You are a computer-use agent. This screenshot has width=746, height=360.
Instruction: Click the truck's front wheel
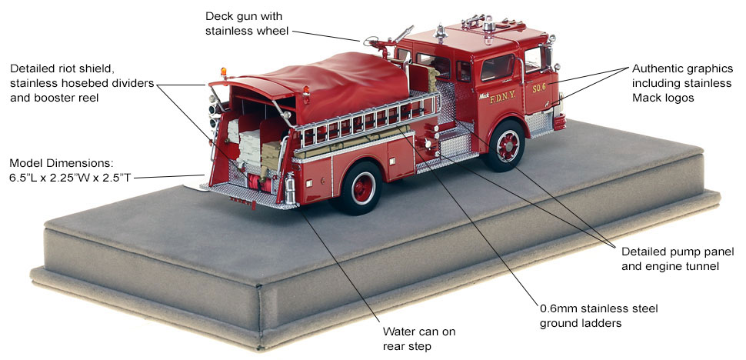[505, 145]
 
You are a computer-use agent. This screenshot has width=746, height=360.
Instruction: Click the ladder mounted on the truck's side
[366, 122]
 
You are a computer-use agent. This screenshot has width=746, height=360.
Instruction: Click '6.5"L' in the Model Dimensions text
[23, 178]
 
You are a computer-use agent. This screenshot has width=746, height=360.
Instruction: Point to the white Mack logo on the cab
[484, 95]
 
